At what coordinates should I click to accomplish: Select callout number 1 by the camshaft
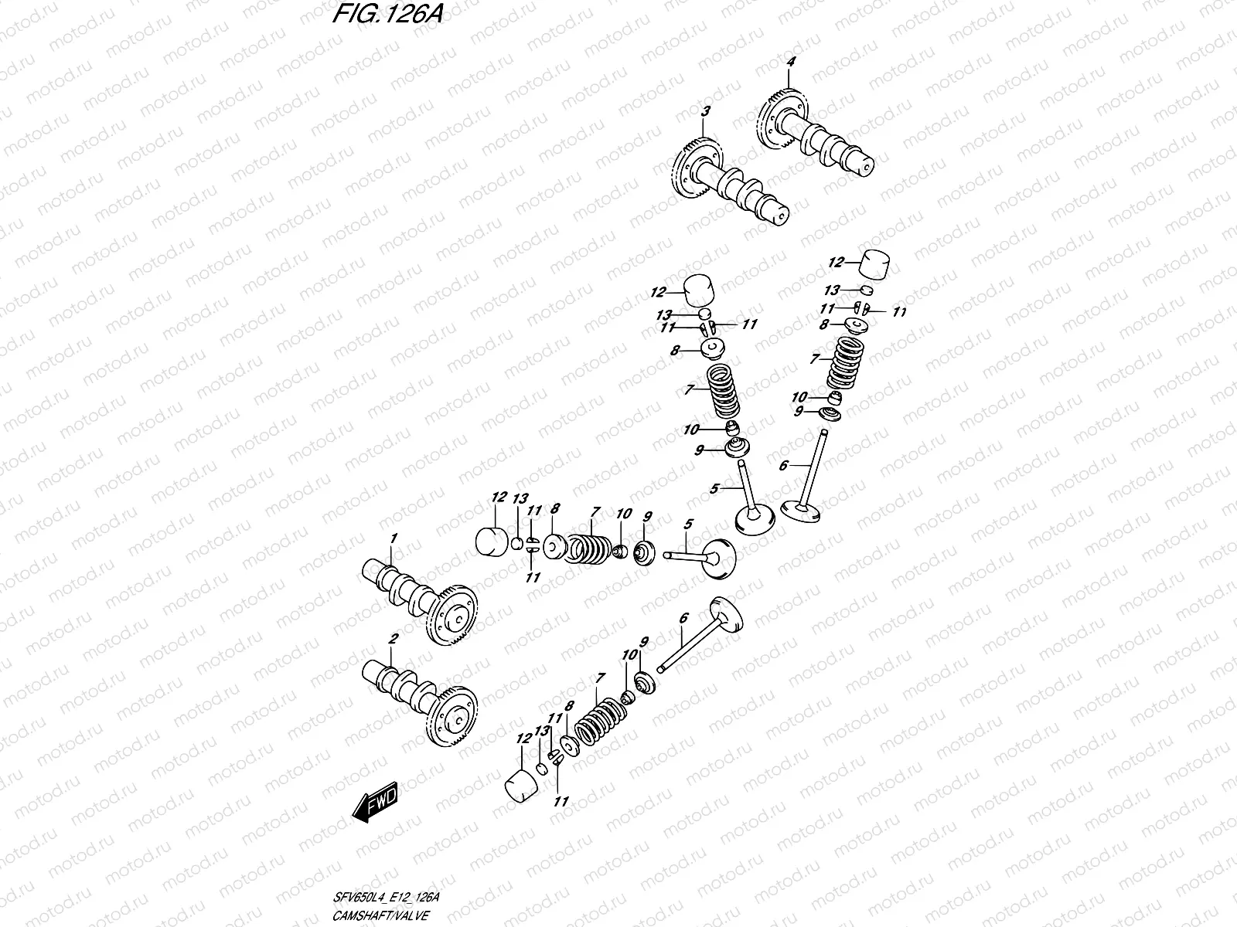[x=393, y=537]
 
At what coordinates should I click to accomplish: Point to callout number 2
[x=393, y=639]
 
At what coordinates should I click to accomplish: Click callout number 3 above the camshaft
[x=704, y=112]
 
